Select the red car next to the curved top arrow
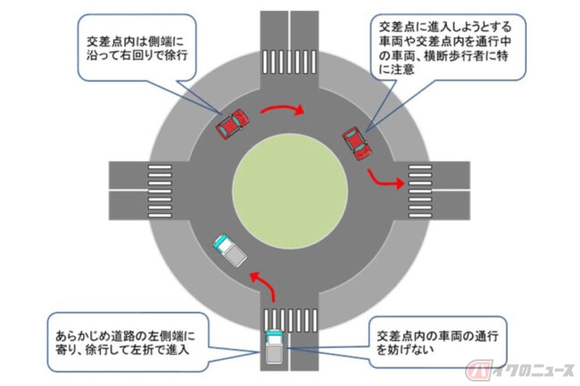click(x=232, y=123)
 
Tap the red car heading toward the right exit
click(x=357, y=143)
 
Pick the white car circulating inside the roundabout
click(x=229, y=250)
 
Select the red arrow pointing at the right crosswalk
click(x=385, y=184)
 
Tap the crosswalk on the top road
click(x=287, y=62)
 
